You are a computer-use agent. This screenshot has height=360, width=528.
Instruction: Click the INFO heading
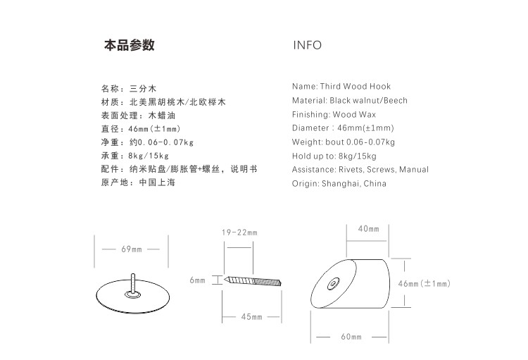coord(307,46)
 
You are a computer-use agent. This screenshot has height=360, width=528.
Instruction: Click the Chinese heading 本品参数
coord(130,46)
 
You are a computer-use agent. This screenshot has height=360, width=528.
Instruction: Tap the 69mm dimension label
coord(131,249)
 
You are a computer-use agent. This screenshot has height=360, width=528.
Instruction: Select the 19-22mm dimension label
coord(239,232)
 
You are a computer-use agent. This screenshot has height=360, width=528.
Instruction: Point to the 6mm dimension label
coord(197,280)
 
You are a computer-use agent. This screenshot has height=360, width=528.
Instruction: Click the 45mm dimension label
coord(251,317)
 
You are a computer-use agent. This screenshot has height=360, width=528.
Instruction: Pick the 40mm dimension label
coord(368,229)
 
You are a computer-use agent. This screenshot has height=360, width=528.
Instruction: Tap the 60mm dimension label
coord(351,337)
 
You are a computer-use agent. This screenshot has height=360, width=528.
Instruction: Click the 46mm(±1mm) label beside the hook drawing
coord(424,283)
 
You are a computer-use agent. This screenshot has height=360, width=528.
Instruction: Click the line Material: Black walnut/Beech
coord(350,101)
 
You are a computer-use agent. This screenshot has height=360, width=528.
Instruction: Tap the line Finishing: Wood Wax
coord(334,114)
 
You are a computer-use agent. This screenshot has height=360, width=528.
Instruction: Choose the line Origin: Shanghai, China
coord(339,183)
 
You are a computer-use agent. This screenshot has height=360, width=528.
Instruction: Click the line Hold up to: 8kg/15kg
coord(334,156)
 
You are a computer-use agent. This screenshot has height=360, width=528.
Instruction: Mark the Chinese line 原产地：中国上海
coord(138,182)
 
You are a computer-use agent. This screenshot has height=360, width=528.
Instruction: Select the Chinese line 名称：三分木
coord(127,89)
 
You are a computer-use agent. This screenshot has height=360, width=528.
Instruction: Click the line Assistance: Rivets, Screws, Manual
coord(360,169)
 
